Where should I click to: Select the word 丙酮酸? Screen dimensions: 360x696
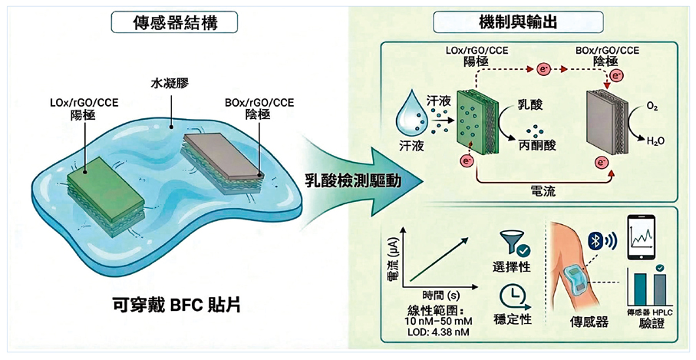pyautogui.click(x=535, y=144)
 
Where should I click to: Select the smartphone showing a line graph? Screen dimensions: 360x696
pyautogui.click(x=645, y=235)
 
